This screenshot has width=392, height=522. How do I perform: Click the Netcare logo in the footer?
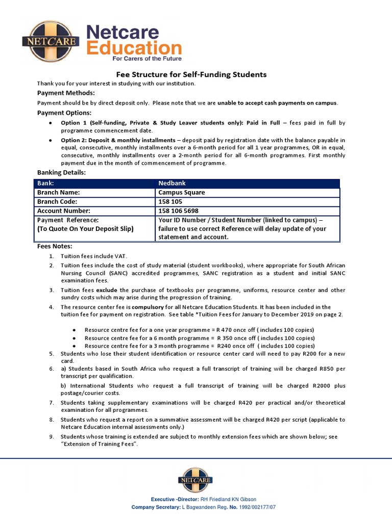click(195, 480)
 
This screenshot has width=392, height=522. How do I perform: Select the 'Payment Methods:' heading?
click(66, 93)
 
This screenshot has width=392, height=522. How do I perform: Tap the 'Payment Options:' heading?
click(64, 113)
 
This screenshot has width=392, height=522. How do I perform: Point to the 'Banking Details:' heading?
click(62, 172)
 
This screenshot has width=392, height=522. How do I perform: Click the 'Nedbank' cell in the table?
click(173, 183)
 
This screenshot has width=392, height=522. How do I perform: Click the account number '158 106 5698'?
click(179, 211)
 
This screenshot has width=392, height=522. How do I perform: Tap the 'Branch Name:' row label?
click(59, 192)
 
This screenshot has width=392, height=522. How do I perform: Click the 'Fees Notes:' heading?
click(55, 246)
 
